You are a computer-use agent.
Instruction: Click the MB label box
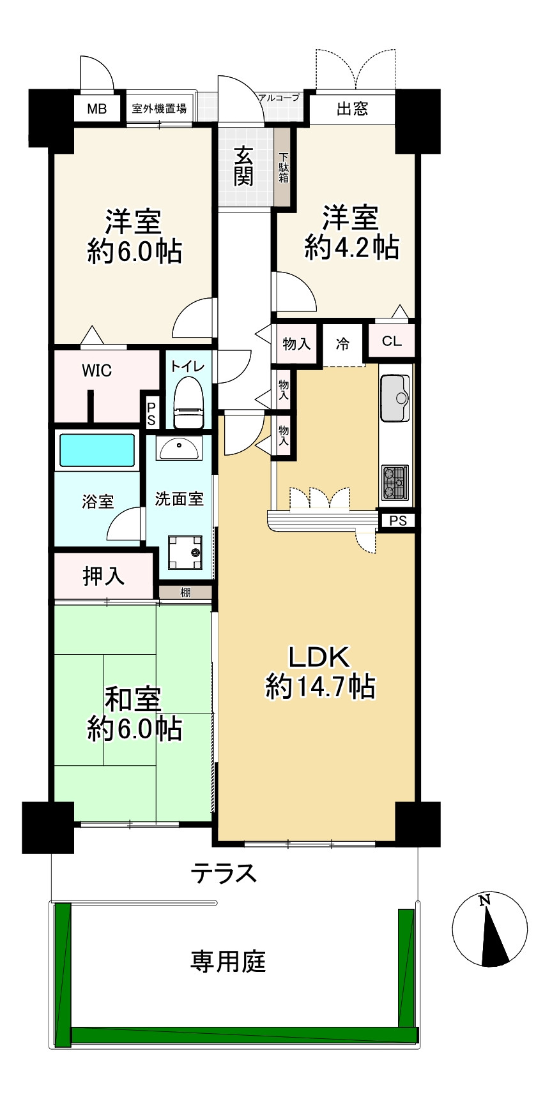tap(97, 108)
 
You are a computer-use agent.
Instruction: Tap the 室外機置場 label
tap(159, 108)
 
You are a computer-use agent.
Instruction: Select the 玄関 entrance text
tap(243, 166)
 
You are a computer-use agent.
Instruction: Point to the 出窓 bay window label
tap(352, 108)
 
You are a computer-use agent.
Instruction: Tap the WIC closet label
tap(96, 371)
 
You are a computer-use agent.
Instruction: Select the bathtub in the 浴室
tap(97, 450)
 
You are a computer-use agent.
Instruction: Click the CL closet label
tap(392, 341)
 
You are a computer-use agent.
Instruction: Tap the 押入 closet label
tap(103, 576)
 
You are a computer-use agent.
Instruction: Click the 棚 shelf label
tap(185, 592)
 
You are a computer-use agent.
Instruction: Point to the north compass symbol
tap(490, 929)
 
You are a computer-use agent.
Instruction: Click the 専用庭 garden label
tap(228, 960)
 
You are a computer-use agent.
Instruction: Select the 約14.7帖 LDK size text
tap(319, 687)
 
